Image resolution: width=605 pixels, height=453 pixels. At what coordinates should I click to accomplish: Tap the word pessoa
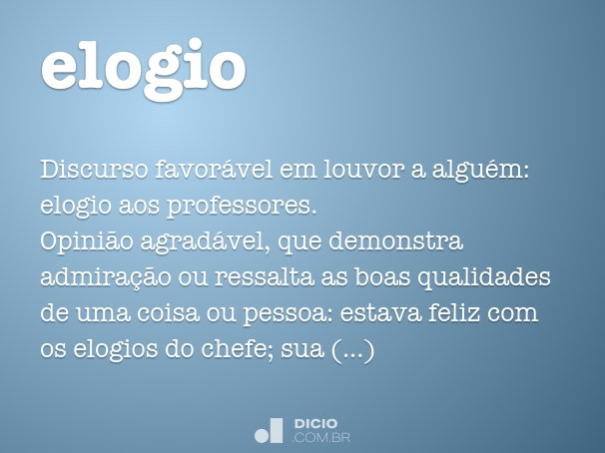coord(286,315)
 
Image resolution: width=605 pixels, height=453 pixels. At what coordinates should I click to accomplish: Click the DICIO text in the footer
coord(315,423)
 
